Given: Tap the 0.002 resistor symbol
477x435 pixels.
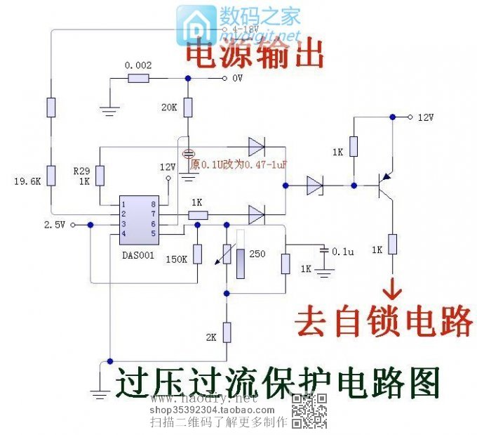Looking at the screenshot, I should click(139, 79).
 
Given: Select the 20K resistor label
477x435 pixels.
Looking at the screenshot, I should click(169, 108).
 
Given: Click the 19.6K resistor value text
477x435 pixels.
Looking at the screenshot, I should click(27, 181).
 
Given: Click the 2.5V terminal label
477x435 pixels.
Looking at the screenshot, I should click(54, 225).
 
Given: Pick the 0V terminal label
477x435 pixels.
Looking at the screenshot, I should click(236, 79).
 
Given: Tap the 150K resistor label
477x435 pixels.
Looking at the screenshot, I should click(175, 259).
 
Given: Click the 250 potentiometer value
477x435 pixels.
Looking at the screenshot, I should click(257, 253).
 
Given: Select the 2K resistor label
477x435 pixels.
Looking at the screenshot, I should click(211, 337).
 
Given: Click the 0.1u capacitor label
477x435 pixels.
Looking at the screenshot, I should click(344, 251).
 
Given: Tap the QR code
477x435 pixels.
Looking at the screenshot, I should click(310, 411).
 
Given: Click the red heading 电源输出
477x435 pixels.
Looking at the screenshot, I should click(254, 55).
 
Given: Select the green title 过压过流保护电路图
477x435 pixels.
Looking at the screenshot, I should click(277, 383).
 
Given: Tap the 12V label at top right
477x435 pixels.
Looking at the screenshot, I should click(426, 117).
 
